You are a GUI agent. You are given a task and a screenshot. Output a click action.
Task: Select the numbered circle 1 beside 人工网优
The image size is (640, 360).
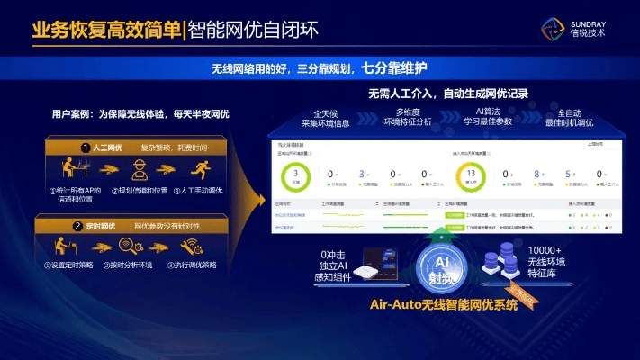pyautogui.click(x=85, y=147)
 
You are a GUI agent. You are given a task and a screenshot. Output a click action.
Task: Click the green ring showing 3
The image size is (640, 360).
pyautogui.click(x=296, y=175)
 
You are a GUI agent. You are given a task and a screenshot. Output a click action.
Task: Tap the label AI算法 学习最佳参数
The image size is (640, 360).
pyautogui.click(x=487, y=116)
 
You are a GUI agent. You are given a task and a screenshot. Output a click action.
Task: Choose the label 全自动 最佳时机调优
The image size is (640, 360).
pyautogui.click(x=575, y=116)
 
